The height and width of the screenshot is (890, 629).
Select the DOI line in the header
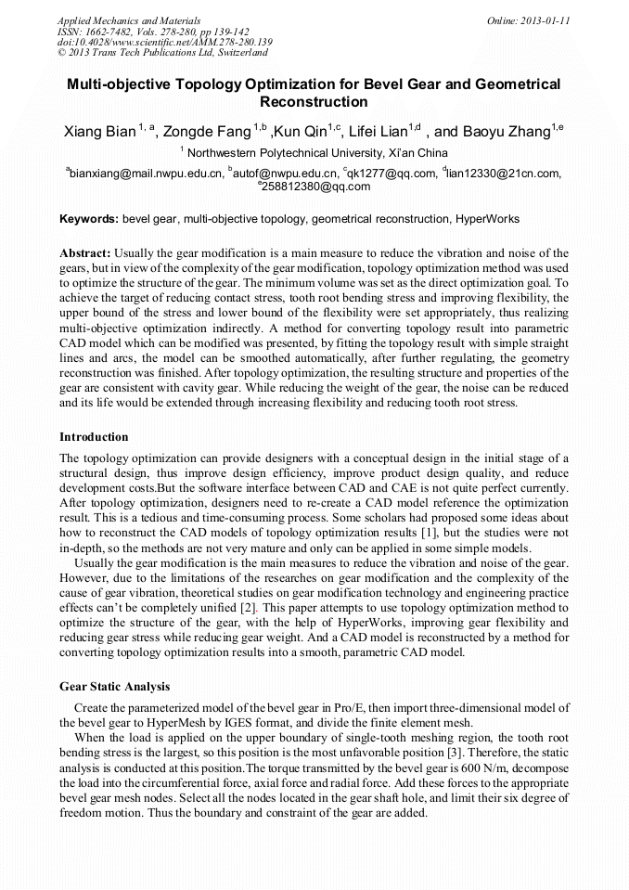point(165,42)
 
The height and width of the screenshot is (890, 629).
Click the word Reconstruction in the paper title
point(314,102)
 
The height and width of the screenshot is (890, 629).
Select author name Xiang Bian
point(99,132)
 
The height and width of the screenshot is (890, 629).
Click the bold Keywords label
point(89,219)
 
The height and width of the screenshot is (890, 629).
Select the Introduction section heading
point(94,436)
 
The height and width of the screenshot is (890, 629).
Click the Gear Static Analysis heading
point(115,687)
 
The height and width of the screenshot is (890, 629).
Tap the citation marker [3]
point(462,754)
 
